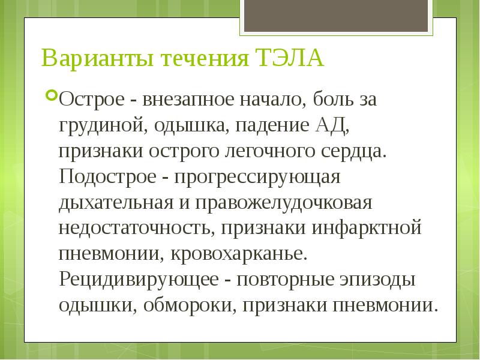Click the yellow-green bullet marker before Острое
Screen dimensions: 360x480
(52, 95)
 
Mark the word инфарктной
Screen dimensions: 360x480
(365, 229)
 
